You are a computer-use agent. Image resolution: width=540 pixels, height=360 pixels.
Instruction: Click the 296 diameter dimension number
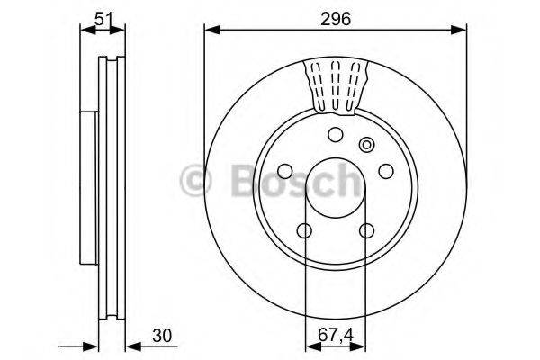335,15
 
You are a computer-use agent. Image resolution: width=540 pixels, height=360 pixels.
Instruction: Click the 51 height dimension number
103,15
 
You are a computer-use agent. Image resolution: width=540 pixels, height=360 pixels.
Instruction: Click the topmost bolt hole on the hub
335,136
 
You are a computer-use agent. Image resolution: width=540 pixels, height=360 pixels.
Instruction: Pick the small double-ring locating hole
365,144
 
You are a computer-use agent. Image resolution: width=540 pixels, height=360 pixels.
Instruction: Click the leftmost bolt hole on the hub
285,172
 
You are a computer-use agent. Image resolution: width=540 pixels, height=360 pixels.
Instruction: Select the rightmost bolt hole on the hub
385,172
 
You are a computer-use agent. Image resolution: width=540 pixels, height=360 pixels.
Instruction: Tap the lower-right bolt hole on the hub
366,231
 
